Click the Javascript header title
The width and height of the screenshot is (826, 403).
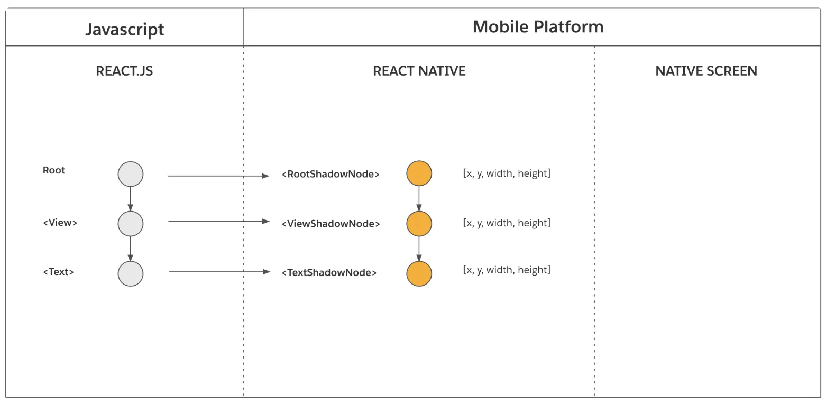(125, 30)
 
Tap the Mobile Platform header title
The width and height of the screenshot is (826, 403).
(538, 26)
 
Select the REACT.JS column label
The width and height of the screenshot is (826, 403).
(124, 71)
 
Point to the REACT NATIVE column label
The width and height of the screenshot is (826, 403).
(419, 71)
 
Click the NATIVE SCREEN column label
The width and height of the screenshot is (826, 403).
(706, 71)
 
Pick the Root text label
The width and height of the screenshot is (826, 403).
(54, 170)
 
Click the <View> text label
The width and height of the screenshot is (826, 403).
(60, 222)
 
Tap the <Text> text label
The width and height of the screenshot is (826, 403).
(58, 272)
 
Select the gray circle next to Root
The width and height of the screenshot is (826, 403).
(131, 174)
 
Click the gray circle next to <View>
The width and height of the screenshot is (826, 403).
(131, 224)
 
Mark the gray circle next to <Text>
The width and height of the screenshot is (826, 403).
(131, 273)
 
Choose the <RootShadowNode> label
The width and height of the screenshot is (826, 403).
(331, 174)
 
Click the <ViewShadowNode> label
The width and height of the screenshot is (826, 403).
(331, 223)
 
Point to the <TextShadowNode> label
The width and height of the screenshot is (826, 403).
(329, 272)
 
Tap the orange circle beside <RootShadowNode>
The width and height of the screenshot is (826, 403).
(419, 173)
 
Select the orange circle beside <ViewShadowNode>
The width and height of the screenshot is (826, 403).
(419, 223)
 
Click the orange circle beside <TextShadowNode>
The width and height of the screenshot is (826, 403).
(419, 273)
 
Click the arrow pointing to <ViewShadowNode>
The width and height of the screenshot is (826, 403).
(219, 221)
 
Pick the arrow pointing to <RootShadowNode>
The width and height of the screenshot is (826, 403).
(219, 176)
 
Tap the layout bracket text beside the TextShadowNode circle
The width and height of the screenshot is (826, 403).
(507, 270)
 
